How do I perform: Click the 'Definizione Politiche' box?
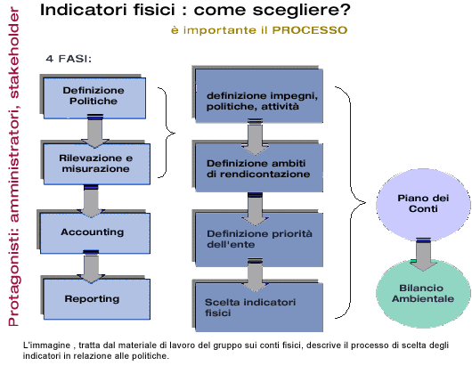pyautogui.click(x=94, y=98)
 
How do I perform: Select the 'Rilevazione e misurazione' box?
pyautogui.click(x=97, y=164)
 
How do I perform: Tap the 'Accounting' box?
pyautogui.click(x=95, y=233)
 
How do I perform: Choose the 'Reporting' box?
pyautogui.click(x=97, y=299)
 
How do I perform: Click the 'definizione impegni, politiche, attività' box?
pyautogui.click(x=259, y=96)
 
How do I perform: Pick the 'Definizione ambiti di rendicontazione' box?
pyautogui.click(x=259, y=167)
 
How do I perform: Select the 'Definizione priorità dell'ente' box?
pyautogui.click(x=259, y=240)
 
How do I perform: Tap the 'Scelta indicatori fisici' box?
pyautogui.click(x=259, y=307)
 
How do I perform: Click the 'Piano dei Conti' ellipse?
pyautogui.click(x=423, y=205)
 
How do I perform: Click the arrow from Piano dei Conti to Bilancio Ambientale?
pyautogui.click(x=423, y=255)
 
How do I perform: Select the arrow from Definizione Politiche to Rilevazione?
pyautogui.click(x=94, y=131)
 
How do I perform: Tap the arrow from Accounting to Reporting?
pyautogui.click(x=91, y=266)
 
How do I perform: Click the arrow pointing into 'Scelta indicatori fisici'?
pyautogui.click(x=256, y=275)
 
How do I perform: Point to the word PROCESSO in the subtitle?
pyautogui.click(x=310, y=30)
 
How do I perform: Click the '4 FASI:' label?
pyautogui.click(x=69, y=59)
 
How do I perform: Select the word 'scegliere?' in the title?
pyautogui.click(x=302, y=11)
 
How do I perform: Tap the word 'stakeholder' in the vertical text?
pyautogui.click(x=14, y=53)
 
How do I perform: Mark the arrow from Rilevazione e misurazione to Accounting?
pyautogui.click(x=91, y=201)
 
